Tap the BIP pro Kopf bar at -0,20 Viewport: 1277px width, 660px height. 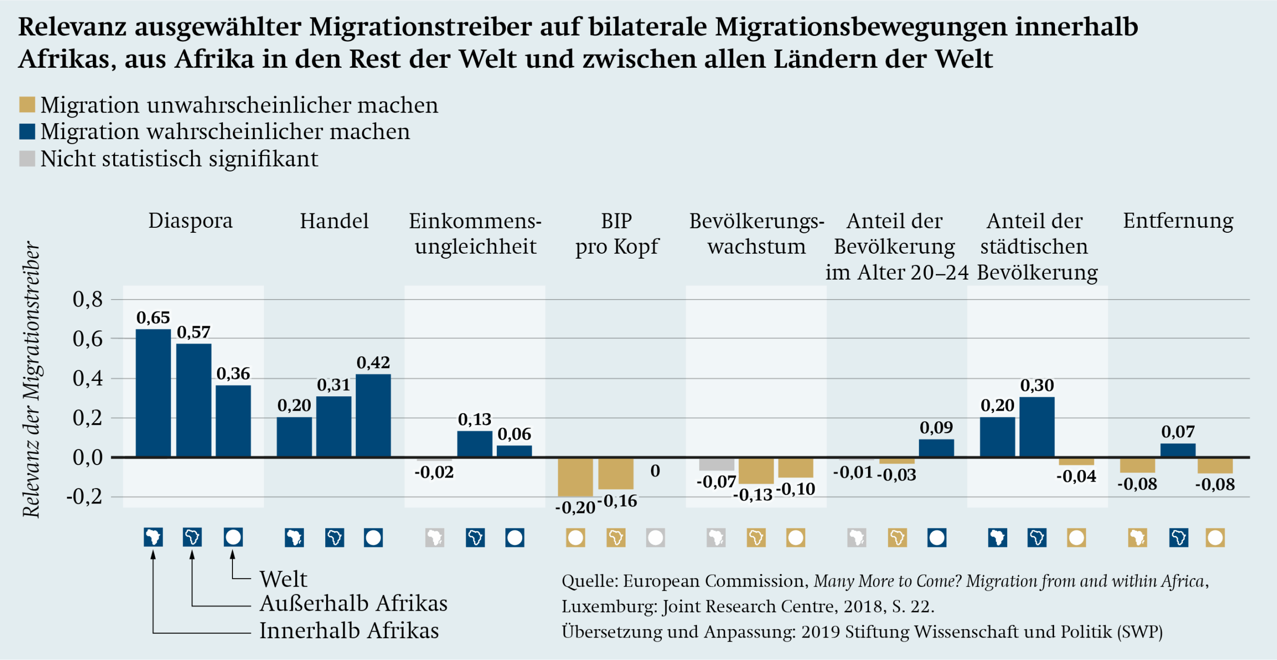pyautogui.click(x=575, y=477)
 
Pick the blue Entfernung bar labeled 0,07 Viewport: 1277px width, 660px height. pyautogui.click(x=1178, y=450)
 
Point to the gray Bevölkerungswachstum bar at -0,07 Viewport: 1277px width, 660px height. pyautogui.click(x=716, y=464)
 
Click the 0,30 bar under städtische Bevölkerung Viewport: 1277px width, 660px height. pyautogui.click(x=1037, y=427)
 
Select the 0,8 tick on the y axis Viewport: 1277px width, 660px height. pyautogui.click(x=88, y=300)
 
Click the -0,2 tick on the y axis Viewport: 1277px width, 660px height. pyautogui.click(x=85, y=496)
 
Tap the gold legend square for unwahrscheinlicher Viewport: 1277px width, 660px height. pyautogui.click(x=27, y=105)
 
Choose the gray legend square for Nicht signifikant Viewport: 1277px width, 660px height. pyautogui.click(x=27, y=159)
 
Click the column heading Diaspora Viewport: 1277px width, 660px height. pyautogui.click(x=190, y=221)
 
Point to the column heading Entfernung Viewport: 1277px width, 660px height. pyautogui.click(x=1178, y=221)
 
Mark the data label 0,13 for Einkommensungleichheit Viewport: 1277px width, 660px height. pyautogui.click(x=474, y=419)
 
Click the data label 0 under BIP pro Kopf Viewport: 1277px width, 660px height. pyautogui.click(x=655, y=471)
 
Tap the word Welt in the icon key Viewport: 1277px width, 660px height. pyautogui.click(x=283, y=579)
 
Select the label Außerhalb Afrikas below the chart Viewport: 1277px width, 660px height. pyautogui.click(x=353, y=604)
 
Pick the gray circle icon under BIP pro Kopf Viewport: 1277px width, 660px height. pyautogui.click(x=655, y=538)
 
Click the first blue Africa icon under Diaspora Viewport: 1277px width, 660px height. pyautogui.click(x=153, y=537)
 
